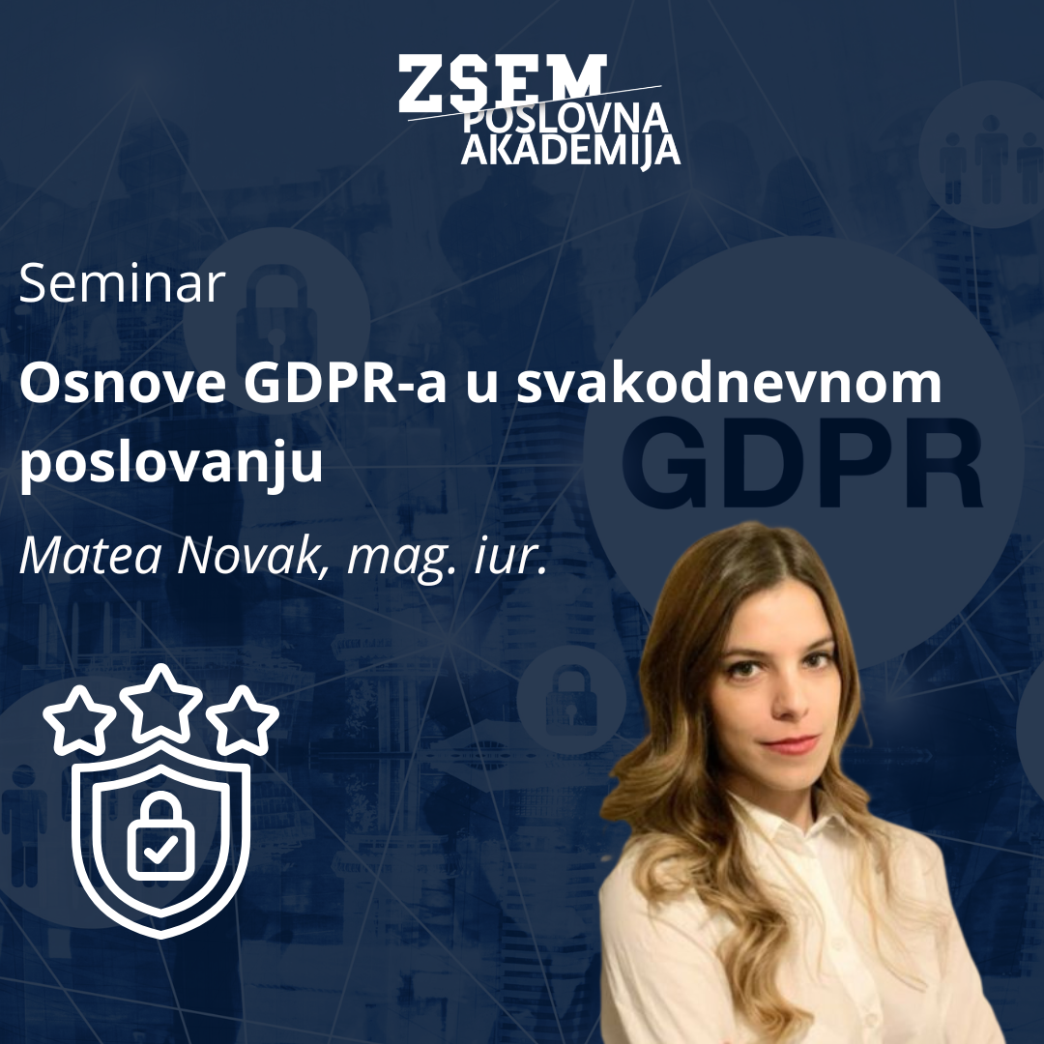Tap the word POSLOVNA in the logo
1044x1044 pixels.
pyautogui.click(x=565, y=119)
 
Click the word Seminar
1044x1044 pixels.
pyautogui.click(x=122, y=284)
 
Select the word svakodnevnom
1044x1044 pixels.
pyautogui.click(x=729, y=387)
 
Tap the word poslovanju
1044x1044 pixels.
pyautogui.click(x=170, y=465)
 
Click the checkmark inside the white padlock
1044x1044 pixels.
pyautogui.click(x=161, y=849)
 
